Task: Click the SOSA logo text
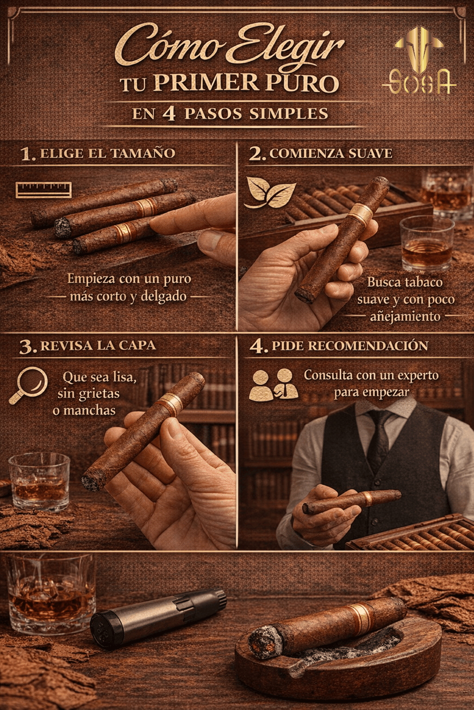click(x=420, y=82)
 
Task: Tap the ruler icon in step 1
click(x=44, y=189)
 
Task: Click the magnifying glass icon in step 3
click(x=29, y=385)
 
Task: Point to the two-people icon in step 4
click(x=274, y=384)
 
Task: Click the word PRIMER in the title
click(x=206, y=83)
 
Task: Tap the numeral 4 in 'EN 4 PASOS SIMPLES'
click(x=169, y=114)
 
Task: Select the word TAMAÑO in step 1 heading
click(x=143, y=154)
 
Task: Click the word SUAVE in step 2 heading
click(x=370, y=154)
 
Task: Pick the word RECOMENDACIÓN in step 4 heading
click(x=368, y=346)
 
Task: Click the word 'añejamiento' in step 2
click(x=405, y=316)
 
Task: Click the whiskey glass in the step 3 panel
click(x=39, y=482)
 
